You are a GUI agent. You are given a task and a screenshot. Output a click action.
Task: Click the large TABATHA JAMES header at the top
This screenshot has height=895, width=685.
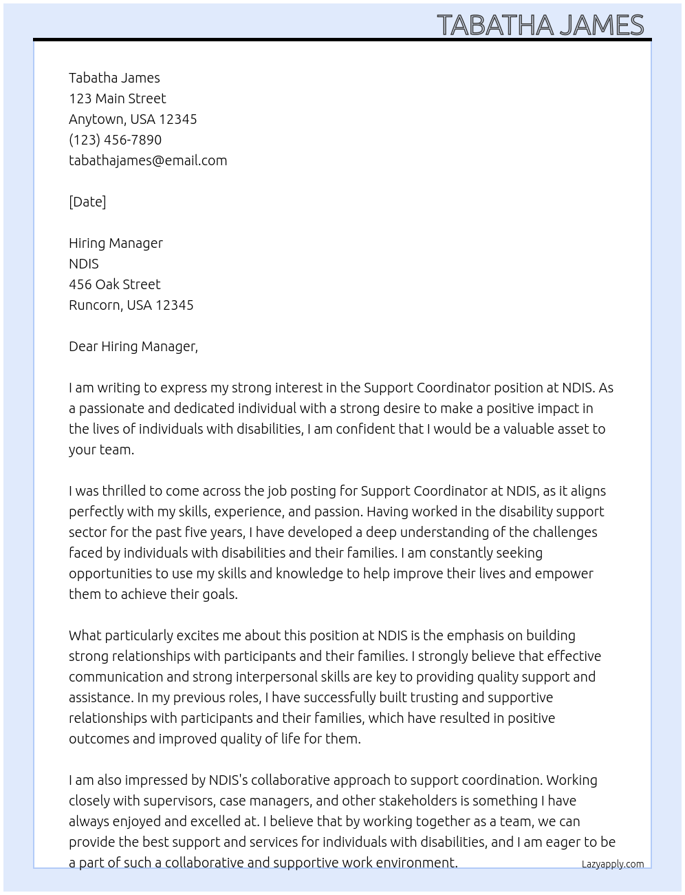540,25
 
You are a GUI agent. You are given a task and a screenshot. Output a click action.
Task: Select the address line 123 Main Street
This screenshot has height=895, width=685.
117,98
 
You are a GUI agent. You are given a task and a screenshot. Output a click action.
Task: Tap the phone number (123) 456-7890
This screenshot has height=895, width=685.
115,140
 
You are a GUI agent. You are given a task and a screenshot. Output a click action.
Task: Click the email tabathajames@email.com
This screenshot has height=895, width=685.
148,160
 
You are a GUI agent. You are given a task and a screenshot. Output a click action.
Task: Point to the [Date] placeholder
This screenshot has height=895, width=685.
87,202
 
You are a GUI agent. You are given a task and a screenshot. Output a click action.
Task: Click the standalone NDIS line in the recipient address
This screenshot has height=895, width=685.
83,264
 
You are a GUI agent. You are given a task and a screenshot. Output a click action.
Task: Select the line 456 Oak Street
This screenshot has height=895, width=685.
114,284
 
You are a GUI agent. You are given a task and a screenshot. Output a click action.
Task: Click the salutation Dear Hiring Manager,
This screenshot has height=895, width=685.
133,346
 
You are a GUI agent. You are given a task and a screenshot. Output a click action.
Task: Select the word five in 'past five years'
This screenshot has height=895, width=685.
199,532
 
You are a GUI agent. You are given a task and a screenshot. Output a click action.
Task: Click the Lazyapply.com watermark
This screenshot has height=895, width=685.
612,864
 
